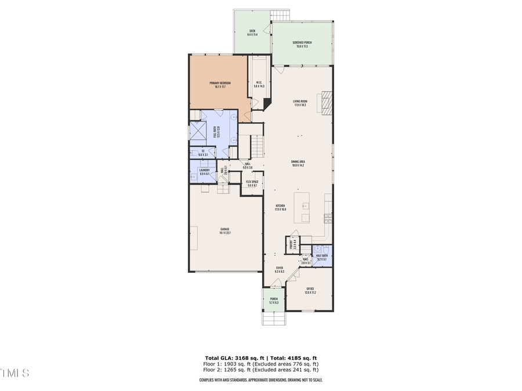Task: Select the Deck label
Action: tap(252, 32)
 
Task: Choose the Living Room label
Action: tap(300, 103)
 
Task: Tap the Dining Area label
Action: tap(298, 163)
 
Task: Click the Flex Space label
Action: tap(252, 184)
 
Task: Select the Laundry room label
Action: tap(204, 171)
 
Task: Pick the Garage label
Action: tap(225, 232)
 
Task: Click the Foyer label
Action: tap(278, 270)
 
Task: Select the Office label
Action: tap(310, 290)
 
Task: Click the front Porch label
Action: tap(274, 301)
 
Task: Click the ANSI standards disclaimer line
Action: tap(261, 380)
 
